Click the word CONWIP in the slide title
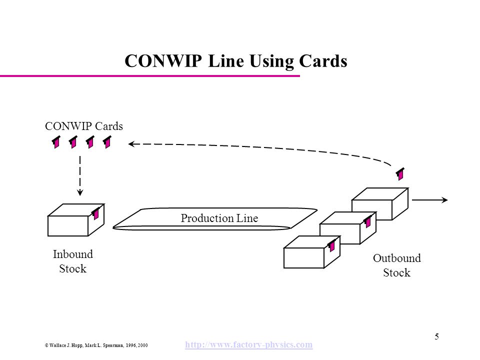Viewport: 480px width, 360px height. point(163,60)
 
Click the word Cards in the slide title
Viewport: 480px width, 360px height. point(323,60)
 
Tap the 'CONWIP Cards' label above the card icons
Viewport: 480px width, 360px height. point(84,126)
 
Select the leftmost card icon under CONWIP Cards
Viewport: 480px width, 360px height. point(56,142)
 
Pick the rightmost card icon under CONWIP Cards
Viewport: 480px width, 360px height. point(107,142)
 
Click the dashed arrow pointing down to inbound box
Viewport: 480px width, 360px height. point(80,175)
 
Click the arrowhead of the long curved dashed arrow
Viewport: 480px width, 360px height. point(131,144)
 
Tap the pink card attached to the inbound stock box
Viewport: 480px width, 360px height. point(96,213)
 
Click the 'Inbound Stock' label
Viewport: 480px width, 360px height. point(73,261)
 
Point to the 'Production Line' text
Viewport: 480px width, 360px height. point(219,218)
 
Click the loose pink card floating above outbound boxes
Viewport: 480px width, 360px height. point(400,174)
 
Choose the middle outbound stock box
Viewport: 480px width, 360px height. point(348,228)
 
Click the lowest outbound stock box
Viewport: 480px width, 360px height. point(312,252)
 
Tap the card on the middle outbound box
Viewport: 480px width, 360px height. point(367,221)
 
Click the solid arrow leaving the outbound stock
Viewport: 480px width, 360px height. point(430,200)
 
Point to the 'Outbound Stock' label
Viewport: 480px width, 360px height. point(396,265)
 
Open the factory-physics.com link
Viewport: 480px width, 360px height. point(249,344)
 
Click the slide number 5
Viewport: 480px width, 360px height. point(437,336)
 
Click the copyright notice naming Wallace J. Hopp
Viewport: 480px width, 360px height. point(96,345)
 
